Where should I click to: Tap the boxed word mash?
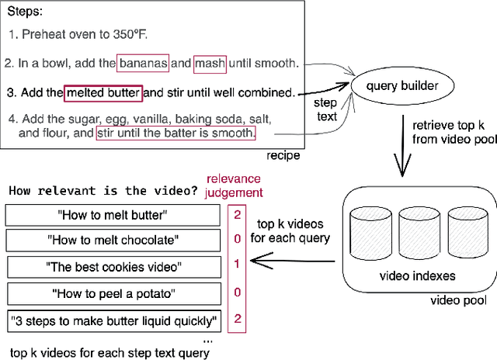point(210,64)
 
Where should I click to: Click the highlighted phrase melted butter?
point(103,93)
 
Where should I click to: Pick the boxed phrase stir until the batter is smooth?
point(176,133)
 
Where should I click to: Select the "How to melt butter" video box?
point(112,215)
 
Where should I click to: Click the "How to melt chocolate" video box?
point(112,241)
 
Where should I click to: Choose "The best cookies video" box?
point(112,267)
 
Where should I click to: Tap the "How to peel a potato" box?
point(112,293)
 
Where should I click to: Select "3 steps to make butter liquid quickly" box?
point(112,320)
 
